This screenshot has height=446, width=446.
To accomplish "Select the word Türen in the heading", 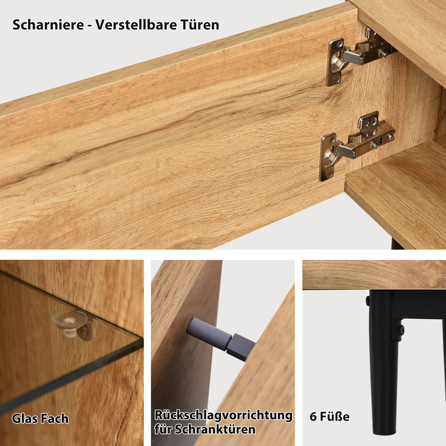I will click(x=199, y=25).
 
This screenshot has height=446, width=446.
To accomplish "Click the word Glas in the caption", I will click(x=25, y=418).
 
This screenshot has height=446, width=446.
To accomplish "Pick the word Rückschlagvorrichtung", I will click(x=223, y=415).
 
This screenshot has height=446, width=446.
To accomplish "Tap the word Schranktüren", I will click(x=215, y=429).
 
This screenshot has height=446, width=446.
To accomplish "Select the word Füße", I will click(x=335, y=417).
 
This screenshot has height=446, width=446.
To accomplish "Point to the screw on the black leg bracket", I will click(x=401, y=330).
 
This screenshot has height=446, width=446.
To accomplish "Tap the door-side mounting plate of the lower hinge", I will click(x=327, y=157).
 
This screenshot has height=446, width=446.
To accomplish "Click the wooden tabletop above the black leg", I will click(x=374, y=275).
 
